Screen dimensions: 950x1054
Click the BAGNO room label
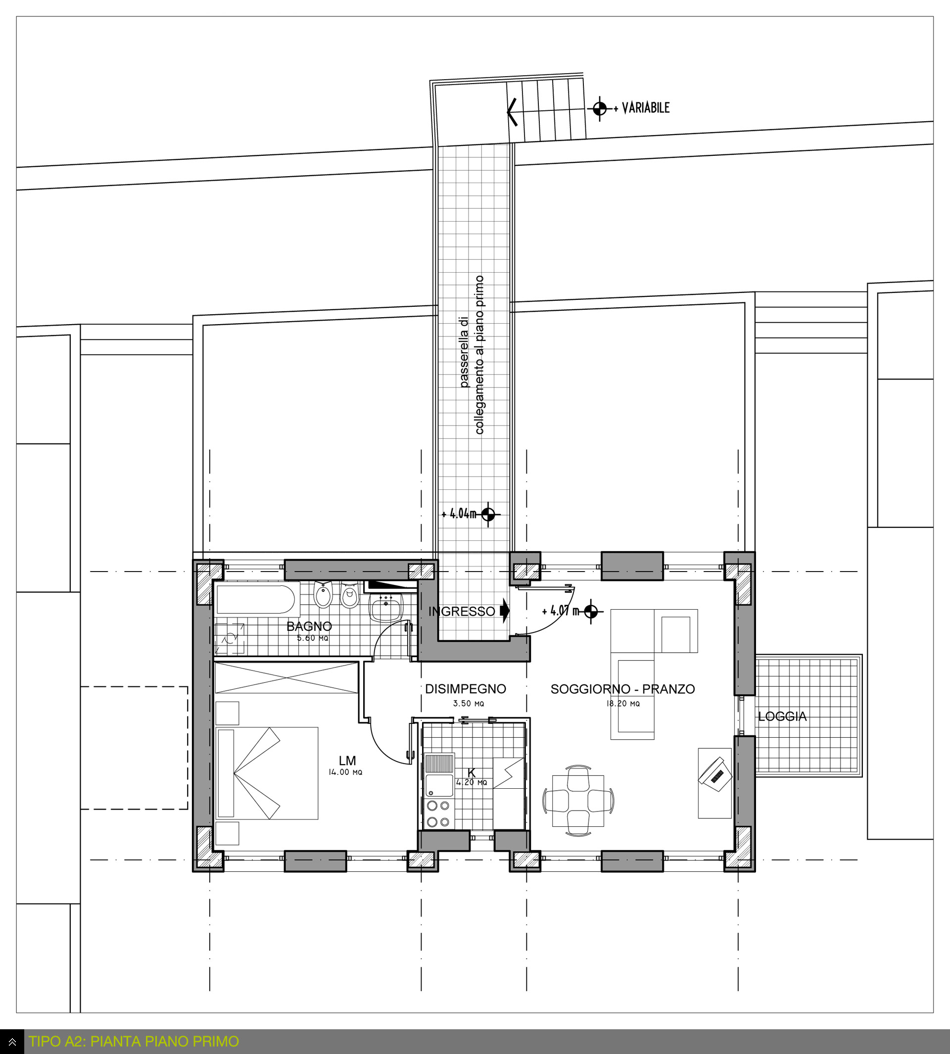tap(309, 626)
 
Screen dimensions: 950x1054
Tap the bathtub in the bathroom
tap(255, 599)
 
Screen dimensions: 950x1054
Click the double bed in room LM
tap(267, 773)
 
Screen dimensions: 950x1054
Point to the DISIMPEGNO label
tap(466, 689)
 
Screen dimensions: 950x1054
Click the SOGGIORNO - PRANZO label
tap(623, 689)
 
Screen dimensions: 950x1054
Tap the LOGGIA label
tap(782, 717)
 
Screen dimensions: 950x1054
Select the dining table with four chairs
tap(578, 801)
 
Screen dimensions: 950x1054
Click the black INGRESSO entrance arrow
tap(504, 611)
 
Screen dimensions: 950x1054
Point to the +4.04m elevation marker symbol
tap(488, 515)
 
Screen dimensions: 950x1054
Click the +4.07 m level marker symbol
tap(591, 611)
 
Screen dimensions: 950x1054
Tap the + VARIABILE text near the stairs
tap(642, 108)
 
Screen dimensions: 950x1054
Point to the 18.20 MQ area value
tap(623, 704)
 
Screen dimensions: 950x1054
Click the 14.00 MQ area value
tap(345, 772)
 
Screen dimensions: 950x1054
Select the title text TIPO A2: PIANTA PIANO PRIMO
tap(134, 1042)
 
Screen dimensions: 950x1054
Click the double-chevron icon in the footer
tap(12, 1042)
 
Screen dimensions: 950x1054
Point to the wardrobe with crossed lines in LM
tap(286, 678)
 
